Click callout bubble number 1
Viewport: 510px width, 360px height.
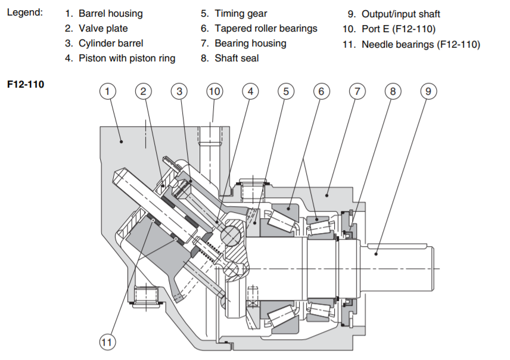(107, 91)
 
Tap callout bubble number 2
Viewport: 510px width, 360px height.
(143, 91)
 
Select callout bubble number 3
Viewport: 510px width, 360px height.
(179, 91)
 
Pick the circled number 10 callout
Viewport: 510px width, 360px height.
(214, 91)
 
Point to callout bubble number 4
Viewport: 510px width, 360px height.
(250, 91)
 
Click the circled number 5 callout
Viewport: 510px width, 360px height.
(286, 91)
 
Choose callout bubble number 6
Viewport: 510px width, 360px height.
(321, 91)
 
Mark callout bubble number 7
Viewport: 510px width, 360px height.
(357, 91)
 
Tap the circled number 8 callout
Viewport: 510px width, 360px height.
(393, 91)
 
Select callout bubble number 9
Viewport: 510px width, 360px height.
(428, 91)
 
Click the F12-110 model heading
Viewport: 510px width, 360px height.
(26, 84)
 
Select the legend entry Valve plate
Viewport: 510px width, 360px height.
(103, 28)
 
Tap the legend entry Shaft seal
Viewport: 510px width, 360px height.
(237, 58)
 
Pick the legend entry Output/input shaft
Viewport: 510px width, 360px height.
(400, 14)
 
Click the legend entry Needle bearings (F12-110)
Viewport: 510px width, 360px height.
(420, 44)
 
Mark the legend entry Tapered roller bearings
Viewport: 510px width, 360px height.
(266, 28)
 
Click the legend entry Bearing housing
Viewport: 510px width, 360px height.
(250, 44)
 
